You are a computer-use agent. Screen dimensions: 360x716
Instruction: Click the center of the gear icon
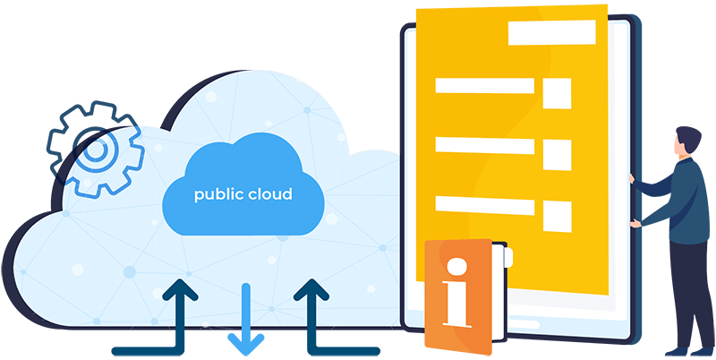pos(91,150)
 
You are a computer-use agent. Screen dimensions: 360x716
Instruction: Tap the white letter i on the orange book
pos(457,291)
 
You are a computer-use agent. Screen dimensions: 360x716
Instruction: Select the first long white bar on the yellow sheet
pos(484,86)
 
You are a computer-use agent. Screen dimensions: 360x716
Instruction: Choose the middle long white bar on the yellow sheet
pos(484,145)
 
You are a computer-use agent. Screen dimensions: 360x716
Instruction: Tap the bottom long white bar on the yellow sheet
pos(484,205)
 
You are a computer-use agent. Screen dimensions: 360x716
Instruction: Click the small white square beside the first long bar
pos(558,92)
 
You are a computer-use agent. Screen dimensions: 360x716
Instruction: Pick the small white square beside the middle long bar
pos(558,153)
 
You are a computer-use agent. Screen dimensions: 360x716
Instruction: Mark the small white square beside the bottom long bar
pos(558,214)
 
